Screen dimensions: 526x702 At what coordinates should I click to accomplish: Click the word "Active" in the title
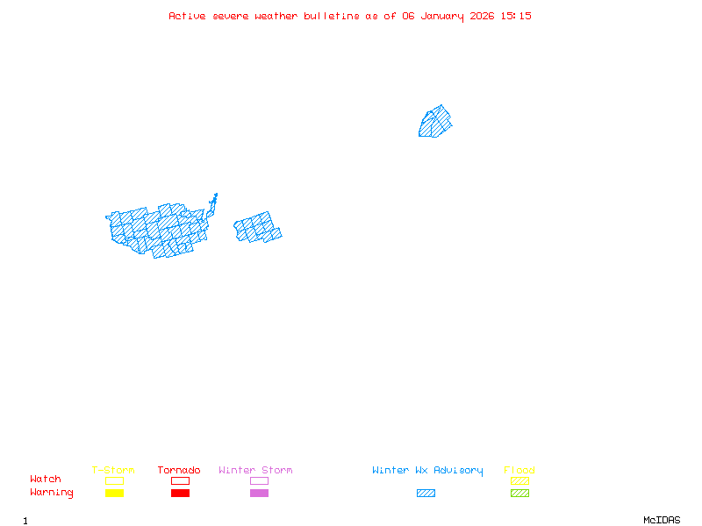point(187,16)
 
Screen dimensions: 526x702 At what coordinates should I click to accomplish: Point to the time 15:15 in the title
point(517,16)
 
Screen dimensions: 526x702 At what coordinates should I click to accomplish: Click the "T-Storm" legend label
point(113,471)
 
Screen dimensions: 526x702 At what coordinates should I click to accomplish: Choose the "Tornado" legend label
point(179,471)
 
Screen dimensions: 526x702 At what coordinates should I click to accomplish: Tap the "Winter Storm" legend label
point(255,471)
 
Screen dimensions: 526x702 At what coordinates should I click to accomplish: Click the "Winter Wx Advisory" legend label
point(427,471)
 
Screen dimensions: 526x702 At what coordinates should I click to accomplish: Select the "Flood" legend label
point(519,471)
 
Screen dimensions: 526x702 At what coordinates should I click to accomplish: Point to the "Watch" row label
point(46,480)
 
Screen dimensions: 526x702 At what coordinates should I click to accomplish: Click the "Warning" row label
point(52,493)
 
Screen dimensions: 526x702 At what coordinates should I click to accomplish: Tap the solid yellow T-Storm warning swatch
point(114,494)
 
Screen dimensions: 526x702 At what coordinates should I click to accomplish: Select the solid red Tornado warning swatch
point(180,494)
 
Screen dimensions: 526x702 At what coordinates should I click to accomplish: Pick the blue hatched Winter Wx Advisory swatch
point(426,494)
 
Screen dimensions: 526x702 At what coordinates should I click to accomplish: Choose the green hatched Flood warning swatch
point(519,494)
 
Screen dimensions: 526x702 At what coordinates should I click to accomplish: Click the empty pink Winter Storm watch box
point(259,480)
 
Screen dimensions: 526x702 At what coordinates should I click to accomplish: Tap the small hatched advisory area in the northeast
point(435,122)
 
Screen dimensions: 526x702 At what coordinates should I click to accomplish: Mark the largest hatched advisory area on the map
point(158,230)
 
